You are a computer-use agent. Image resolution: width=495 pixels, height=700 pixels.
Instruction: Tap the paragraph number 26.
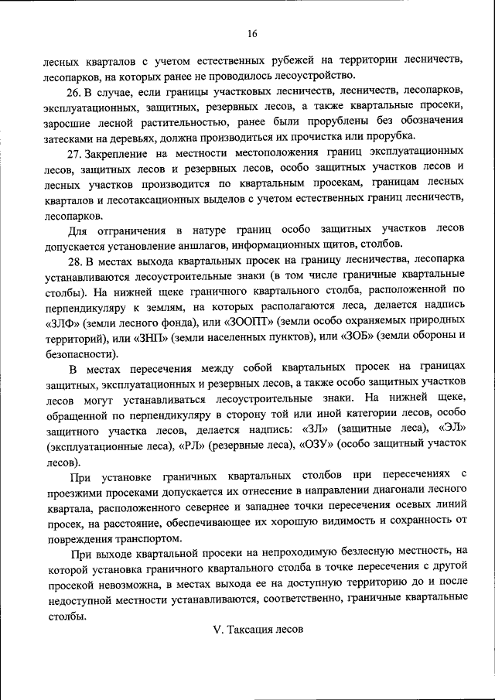[74, 90]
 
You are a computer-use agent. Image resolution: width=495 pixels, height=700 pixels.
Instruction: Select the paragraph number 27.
[74, 153]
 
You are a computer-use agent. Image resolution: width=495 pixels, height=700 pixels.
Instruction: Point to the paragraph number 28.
[74, 259]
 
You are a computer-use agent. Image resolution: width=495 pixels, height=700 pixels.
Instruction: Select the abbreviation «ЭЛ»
[452, 428]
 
